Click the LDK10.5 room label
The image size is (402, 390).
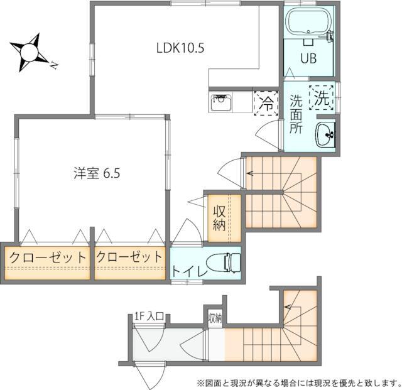click(x=180, y=48)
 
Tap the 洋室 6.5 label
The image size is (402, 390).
click(x=97, y=173)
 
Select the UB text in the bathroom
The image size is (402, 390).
click(x=308, y=58)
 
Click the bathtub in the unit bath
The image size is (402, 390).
click(x=308, y=23)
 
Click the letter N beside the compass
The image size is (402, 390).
click(x=54, y=66)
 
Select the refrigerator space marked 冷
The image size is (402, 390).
click(x=266, y=104)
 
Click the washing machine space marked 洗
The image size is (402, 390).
click(x=322, y=98)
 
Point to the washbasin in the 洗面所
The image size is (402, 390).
click(x=325, y=135)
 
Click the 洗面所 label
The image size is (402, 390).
click(x=296, y=114)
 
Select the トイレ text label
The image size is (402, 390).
click(x=189, y=272)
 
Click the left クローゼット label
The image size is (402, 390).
click(x=48, y=257)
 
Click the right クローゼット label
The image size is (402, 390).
click(x=129, y=256)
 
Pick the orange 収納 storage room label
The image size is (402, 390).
click(x=219, y=218)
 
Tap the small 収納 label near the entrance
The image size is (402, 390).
click(x=215, y=318)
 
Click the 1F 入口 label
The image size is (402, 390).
click(x=149, y=317)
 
